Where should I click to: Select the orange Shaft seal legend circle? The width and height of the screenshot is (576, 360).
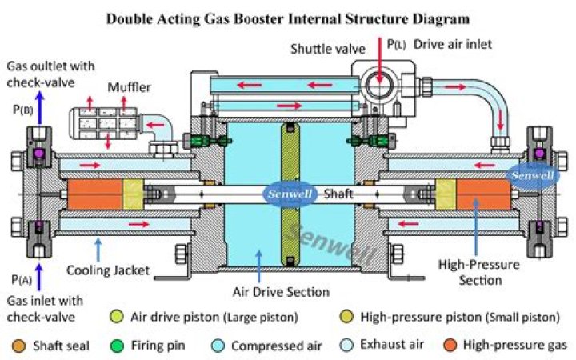click(18, 346)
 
